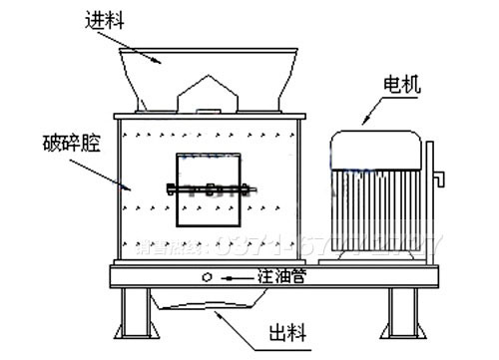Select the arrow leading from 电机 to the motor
point(370,111)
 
